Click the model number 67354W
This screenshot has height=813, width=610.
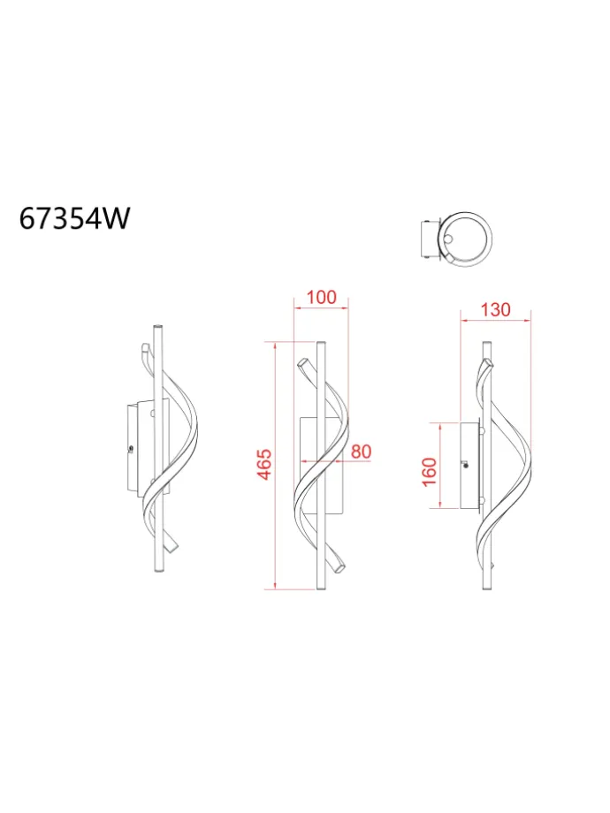tap(74, 218)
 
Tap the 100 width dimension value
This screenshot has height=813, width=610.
tap(321, 297)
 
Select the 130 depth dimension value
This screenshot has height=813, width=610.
tap(495, 309)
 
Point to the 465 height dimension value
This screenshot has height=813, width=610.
tap(264, 465)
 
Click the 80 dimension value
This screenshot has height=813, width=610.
tap(361, 452)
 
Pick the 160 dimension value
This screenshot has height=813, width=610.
tap(430, 472)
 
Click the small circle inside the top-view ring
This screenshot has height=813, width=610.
tap(449, 239)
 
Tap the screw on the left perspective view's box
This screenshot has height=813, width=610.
tap(130, 449)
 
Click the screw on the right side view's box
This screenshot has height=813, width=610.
tap(466, 465)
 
